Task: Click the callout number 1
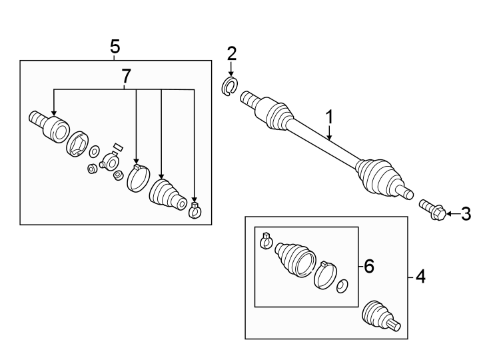click(328, 117)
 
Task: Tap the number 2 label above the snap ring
click(231, 53)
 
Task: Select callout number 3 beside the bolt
click(466, 214)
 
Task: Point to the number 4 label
click(419, 275)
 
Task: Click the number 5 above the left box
click(115, 47)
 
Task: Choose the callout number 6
click(368, 267)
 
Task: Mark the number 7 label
click(124, 77)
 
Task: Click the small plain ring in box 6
click(341, 287)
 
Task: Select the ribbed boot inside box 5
click(165, 193)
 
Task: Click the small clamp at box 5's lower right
click(195, 210)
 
